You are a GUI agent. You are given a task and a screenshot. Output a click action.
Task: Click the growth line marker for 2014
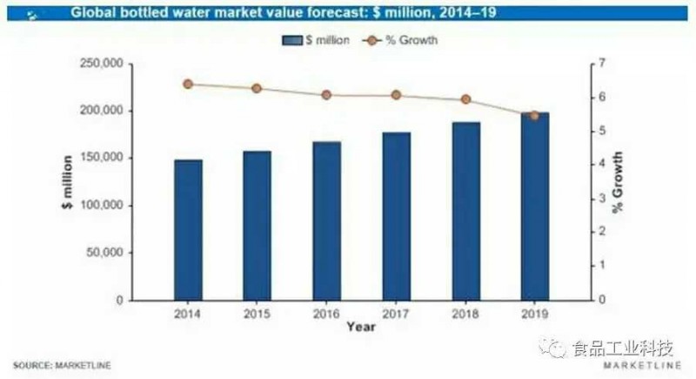(x=188, y=85)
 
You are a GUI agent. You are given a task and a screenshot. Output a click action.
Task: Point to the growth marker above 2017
(x=396, y=95)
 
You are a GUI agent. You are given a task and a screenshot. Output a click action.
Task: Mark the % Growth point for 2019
(x=534, y=115)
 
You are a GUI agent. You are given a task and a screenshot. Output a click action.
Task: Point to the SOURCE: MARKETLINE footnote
(x=61, y=363)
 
